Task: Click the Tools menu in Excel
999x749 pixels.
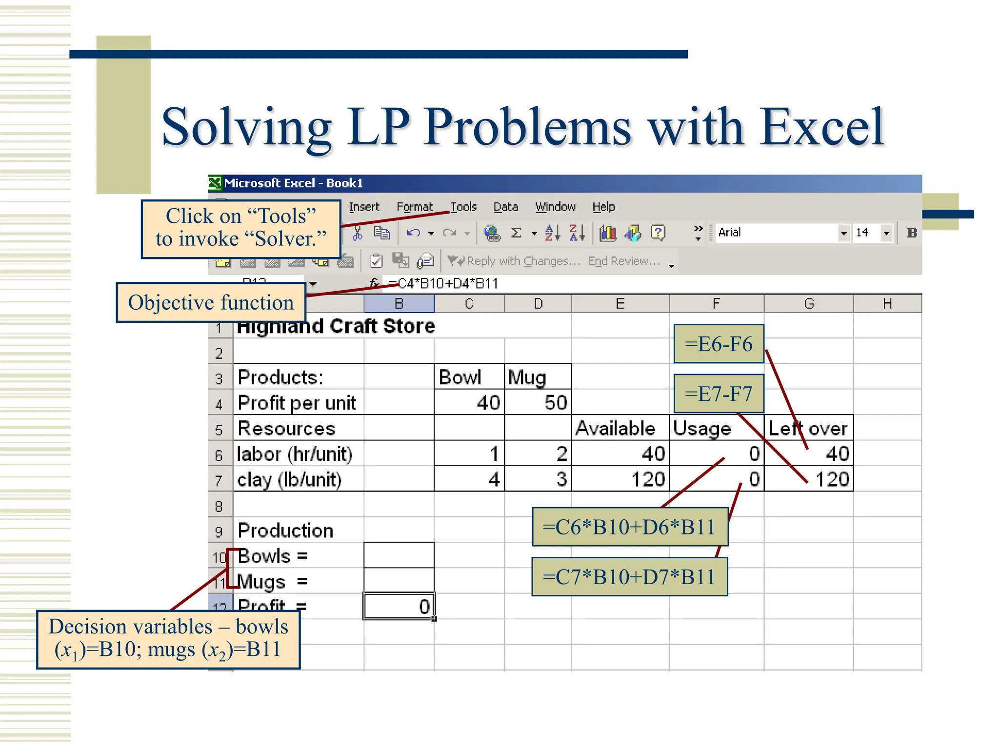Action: pos(463,207)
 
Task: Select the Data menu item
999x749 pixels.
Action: pos(505,207)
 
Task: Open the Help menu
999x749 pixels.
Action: pos(603,207)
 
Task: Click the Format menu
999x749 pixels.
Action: pos(415,207)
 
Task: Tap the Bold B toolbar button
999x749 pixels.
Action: pos(912,233)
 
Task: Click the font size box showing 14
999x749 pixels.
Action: pos(866,233)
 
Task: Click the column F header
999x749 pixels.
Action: pos(716,304)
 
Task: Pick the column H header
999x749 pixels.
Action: pos(887,304)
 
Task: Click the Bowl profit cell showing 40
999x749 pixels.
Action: pos(469,403)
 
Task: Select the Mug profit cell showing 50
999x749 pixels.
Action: pos(538,403)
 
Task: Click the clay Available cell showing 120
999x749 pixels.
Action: pos(620,479)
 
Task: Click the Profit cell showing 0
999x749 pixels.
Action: pos(399,607)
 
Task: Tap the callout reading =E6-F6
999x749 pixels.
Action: pos(719,344)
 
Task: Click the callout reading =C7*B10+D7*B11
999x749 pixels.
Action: pos(629,577)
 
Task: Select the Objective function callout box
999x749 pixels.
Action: pos(211,303)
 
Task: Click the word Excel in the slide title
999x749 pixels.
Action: pos(821,127)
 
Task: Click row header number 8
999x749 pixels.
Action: pos(219,506)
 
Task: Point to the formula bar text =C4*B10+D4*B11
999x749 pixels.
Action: pos(444,283)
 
